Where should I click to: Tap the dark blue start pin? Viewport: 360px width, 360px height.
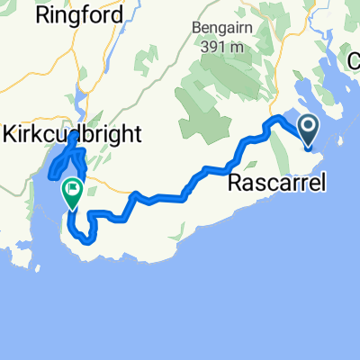click(x=308, y=131)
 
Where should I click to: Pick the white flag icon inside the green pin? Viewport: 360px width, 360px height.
click(x=72, y=189)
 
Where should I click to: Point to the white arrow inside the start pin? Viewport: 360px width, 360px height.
click(x=308, y=128)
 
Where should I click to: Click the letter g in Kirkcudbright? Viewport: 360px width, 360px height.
click(x=118, y=136)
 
